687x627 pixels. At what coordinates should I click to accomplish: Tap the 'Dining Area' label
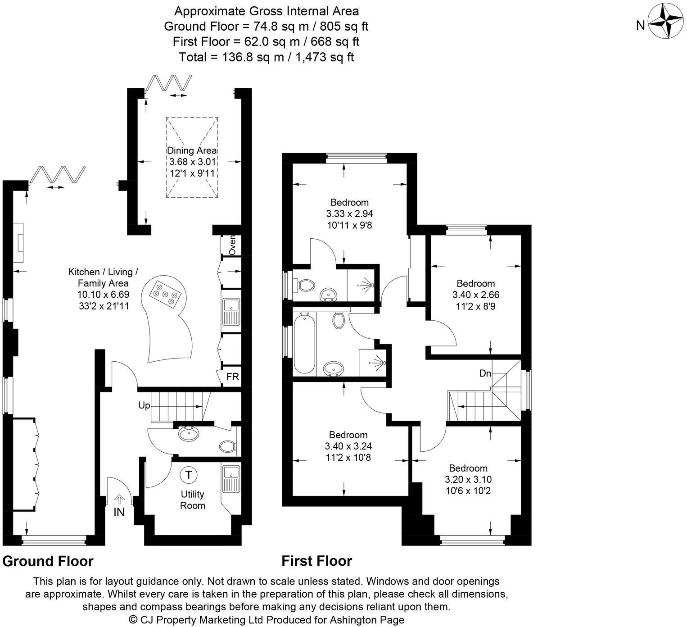[x=192, y=150]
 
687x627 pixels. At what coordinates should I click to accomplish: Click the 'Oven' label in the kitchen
[x=232, y=246]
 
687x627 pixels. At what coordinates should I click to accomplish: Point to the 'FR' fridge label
[x=232, y=377]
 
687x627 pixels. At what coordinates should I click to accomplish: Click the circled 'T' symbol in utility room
[x=189, y=475]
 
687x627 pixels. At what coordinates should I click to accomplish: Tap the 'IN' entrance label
[x=119, y=512]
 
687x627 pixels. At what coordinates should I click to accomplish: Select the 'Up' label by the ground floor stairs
[x=144, y=405]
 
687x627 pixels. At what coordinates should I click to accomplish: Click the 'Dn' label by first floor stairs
[x=485, y=373]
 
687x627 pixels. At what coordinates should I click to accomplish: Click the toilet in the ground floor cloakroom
[x=228, y=446]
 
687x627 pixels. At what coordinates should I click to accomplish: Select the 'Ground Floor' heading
[x=48, y=561]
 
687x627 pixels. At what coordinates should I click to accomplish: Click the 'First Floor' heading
[x=316, y=561]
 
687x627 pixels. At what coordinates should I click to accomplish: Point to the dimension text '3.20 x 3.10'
[x=468, y=479]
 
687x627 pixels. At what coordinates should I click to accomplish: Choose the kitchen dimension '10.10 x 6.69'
[x=103, y=295]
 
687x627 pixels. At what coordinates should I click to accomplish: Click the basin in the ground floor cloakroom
[x=190, y=434]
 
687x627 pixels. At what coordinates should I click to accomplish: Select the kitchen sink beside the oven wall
[x=231, y=311]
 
